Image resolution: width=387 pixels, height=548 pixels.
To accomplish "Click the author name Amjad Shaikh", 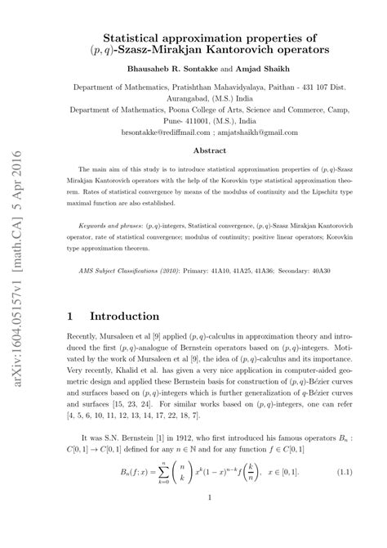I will [269, 69].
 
